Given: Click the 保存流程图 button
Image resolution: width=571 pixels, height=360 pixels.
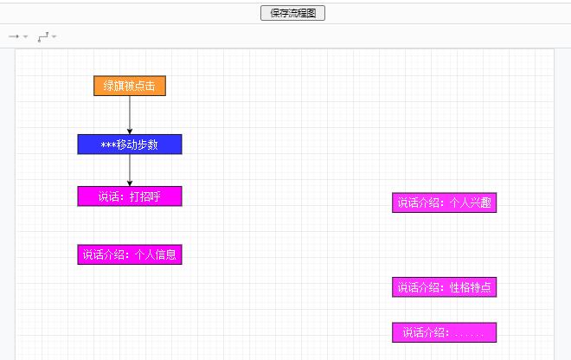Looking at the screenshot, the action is click(x=292, y=13).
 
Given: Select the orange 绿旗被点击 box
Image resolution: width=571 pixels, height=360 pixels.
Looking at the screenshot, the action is click(x=130, y=86).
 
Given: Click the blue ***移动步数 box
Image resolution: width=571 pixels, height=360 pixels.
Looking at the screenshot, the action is click(x=130, y=145).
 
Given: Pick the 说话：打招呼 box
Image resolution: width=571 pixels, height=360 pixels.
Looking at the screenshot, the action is click(x=130, y=196).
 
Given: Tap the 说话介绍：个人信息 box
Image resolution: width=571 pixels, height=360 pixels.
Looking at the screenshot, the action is click(x=130, y=254).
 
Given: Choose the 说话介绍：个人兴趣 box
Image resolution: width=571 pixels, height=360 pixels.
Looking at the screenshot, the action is click(x=445, y=202).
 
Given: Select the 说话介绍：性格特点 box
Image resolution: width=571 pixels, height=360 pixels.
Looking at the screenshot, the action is click(x=445, y=287).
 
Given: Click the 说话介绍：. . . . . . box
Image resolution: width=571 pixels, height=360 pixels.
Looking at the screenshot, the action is click(x=445, y=332).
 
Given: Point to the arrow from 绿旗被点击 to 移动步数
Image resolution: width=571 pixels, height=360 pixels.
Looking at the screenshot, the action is click(x=130, y=115).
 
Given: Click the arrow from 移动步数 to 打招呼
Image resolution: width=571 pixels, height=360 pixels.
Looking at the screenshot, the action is click(x=130, y=170).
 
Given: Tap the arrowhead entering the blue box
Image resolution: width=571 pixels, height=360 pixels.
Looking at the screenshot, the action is click(x=130, y=132).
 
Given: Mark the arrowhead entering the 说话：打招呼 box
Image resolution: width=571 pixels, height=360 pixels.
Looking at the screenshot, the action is click(x=130, y=183).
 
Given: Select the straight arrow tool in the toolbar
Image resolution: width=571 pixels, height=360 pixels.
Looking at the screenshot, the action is click(x=14, y=36).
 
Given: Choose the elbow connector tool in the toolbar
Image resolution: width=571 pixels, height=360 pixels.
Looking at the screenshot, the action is click(x=43, y=37).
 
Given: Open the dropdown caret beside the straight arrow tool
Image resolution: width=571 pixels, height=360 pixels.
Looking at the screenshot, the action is click(x=25, y=36).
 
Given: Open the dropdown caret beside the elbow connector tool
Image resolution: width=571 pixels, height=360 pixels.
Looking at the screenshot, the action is click(x=54, y=36).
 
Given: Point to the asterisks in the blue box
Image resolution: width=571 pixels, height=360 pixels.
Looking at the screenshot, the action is click(x=108, y=145).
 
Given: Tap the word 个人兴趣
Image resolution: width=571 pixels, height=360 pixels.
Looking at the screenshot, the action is click(x=471, y=202).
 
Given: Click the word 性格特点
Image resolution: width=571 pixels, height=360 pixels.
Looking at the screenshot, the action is click(x=471, y=287).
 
